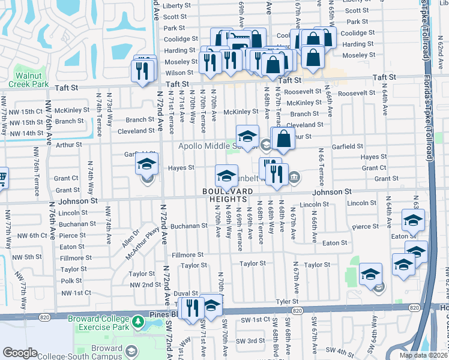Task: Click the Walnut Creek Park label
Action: pos(34,80)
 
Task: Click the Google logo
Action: pos(20,352)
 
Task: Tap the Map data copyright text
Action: pos(423,355)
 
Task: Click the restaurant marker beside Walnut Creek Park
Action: pos(143,71)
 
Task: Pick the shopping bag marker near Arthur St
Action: pos(284,139)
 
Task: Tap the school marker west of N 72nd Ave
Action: pos(147,164)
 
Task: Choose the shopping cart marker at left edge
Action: pos(2,178)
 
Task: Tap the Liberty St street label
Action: pos(176,5)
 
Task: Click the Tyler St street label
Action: pos(287,301)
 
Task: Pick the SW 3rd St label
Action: pos(250,341)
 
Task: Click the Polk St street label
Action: pos(71,281)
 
